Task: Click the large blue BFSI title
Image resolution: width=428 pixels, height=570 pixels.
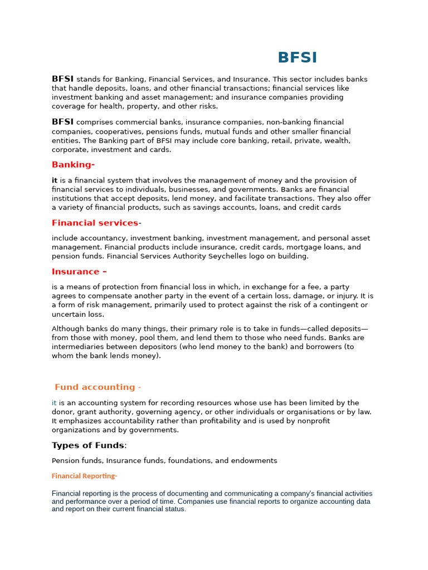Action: (297, 58)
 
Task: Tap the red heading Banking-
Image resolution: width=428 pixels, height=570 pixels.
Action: (73, 165)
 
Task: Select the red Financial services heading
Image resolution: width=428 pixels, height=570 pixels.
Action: (95, 223)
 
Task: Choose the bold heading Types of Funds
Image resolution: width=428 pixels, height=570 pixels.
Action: (88, 445)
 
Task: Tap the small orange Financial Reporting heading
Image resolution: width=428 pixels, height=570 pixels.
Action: (84, 476)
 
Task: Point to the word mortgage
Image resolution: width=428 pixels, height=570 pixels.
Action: (299, 247)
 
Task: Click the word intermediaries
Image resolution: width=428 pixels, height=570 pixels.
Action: (77, 347)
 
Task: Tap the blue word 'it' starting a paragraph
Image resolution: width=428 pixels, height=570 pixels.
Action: (54, 403)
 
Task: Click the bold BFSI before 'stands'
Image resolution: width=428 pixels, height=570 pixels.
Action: (62, 79)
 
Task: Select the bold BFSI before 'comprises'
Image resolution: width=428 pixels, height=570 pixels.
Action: (62, 122)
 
